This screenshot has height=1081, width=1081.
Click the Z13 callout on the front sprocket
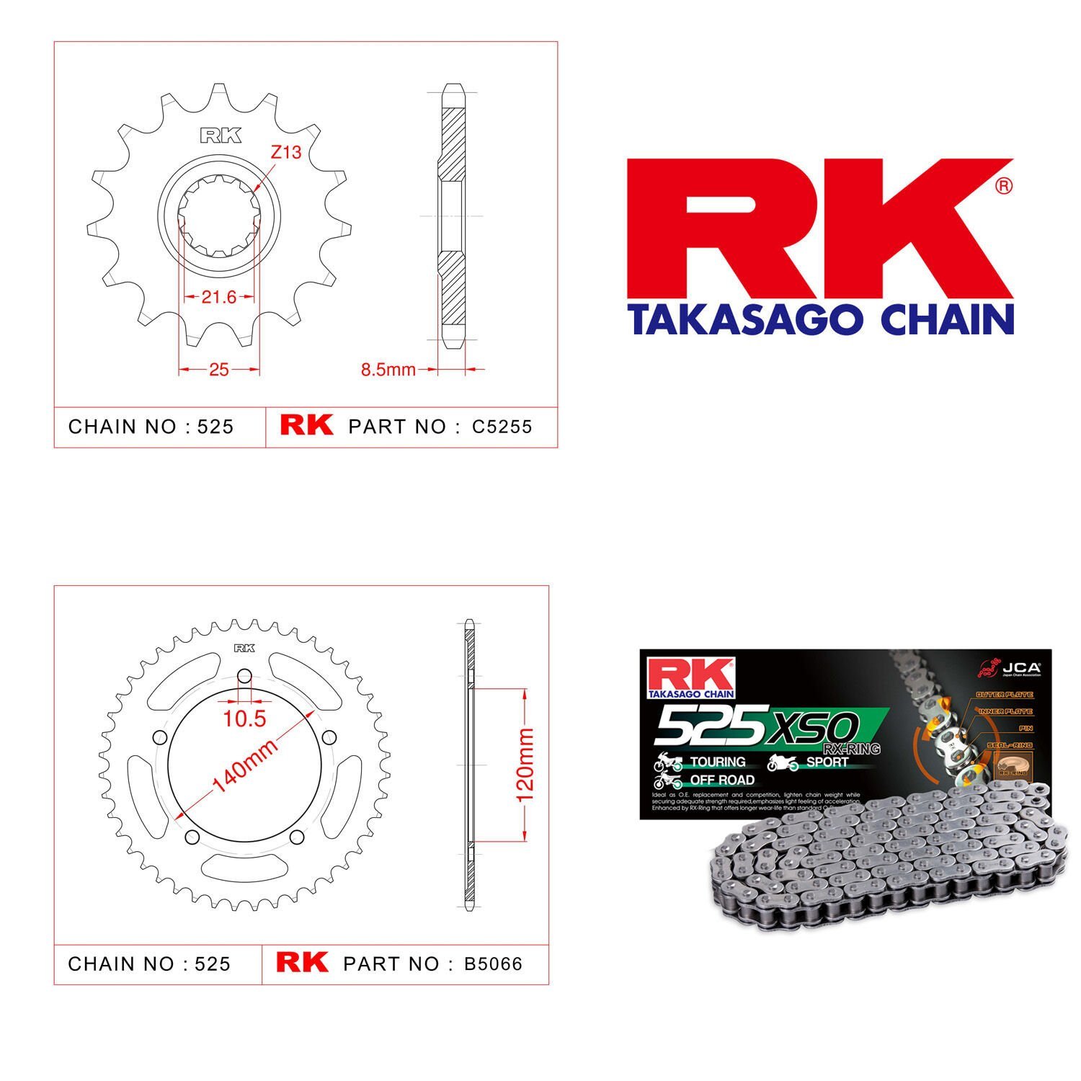coord(286,153)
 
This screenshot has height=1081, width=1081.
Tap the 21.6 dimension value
coord(219,297)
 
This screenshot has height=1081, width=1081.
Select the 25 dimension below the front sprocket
coord(218,370)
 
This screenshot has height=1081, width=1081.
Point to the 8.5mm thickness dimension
coord(388,370)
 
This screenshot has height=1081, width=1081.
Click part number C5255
coord(502,427)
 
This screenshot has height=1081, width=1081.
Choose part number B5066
coord(494,964)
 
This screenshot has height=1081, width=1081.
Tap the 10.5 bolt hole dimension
coord(244,719)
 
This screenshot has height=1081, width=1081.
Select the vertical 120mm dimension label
coord(525,765)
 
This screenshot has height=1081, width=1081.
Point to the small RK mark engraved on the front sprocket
coord(221,135)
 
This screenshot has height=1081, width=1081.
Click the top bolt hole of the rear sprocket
coord(244,677)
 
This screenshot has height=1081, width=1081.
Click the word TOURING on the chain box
coord(717,762)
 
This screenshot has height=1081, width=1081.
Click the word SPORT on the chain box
coord(827,762)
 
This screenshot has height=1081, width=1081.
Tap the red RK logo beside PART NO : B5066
coord(302,963)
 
